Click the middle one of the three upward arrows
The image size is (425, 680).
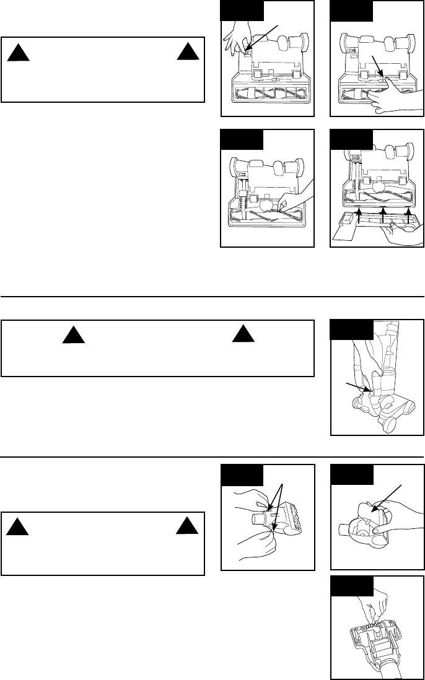pos(383,214)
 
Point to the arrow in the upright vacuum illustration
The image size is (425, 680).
pos(359,388)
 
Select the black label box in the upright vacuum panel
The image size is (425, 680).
pos(351,330)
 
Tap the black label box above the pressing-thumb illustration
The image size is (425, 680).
pos(351,11)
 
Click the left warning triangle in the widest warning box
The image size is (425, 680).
pos(72,335)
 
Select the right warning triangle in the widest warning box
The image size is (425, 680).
pos(242,335)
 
